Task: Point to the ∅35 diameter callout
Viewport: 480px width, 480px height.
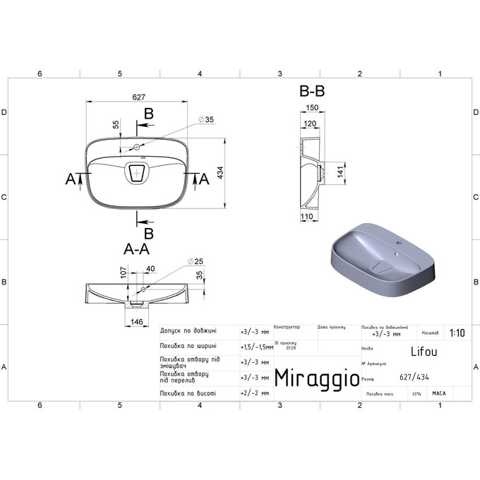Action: [x=205, y=120]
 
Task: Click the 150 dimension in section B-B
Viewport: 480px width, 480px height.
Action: [x=311, y=108]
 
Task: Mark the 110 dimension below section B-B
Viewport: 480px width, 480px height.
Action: [x=306, y=216]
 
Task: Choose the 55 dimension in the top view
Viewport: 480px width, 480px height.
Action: [x=116, y=124]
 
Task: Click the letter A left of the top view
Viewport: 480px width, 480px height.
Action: [x=71, y=180]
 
